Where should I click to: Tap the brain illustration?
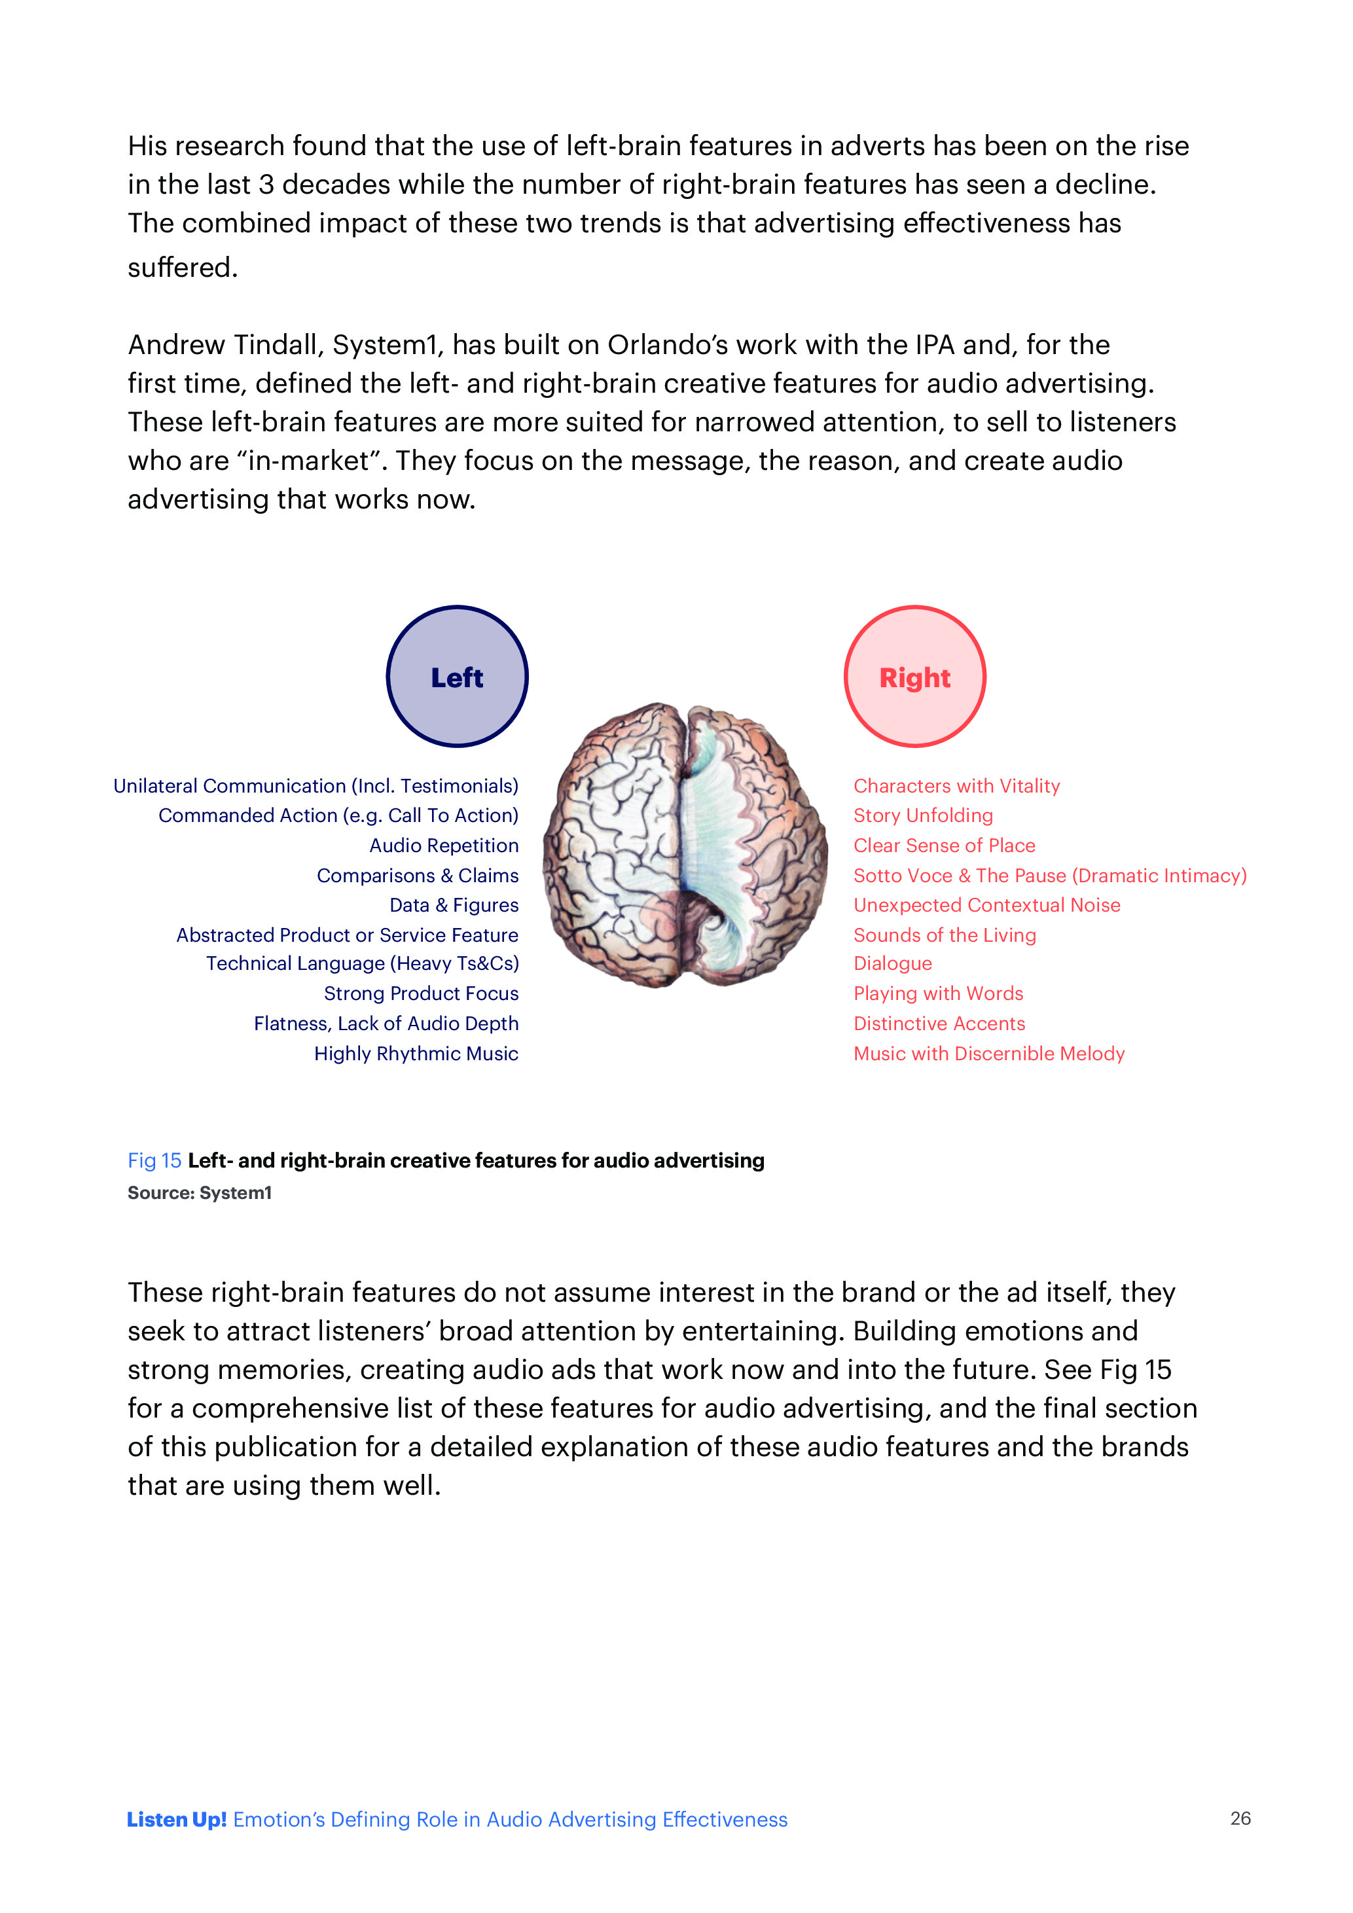[685, 845]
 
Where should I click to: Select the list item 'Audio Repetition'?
[443, 845]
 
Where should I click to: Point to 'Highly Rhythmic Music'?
[416, 1053]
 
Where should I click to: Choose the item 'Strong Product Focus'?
[421, 993]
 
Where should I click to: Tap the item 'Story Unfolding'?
[922, 815]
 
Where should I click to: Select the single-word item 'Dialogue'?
[892, 963]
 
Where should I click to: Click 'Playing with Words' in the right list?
[938, 993]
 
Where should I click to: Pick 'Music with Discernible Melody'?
[989, 1053]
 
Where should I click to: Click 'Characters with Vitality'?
[956, 786]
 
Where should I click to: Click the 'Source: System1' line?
[199, 1192]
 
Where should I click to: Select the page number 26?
[1240, 1818]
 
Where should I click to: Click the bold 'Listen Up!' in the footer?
[177, 1819]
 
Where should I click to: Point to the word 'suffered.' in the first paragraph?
[183, 268]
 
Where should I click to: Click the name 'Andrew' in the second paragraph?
[176, 344]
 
